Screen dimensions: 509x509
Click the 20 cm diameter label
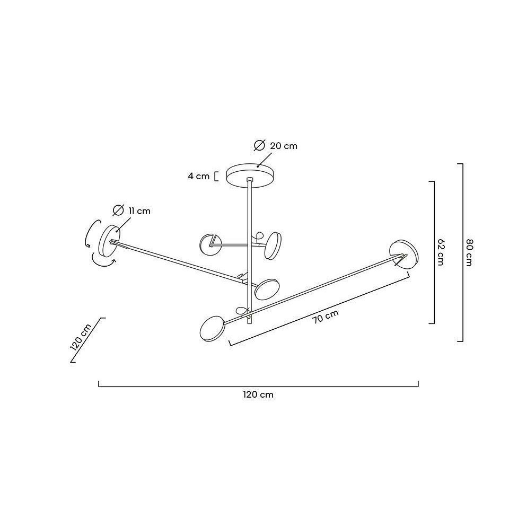(284, 146)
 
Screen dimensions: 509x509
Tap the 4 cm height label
(199, 176)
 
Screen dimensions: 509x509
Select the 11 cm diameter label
(139, 211)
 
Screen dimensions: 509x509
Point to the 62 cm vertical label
(440, 252)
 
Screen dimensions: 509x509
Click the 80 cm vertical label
(469, 252)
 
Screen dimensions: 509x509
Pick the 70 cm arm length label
(326, 317)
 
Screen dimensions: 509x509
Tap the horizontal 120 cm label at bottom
(258, 394)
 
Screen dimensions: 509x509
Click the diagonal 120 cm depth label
(81, 338)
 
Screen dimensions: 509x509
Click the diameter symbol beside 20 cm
(260, 145)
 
